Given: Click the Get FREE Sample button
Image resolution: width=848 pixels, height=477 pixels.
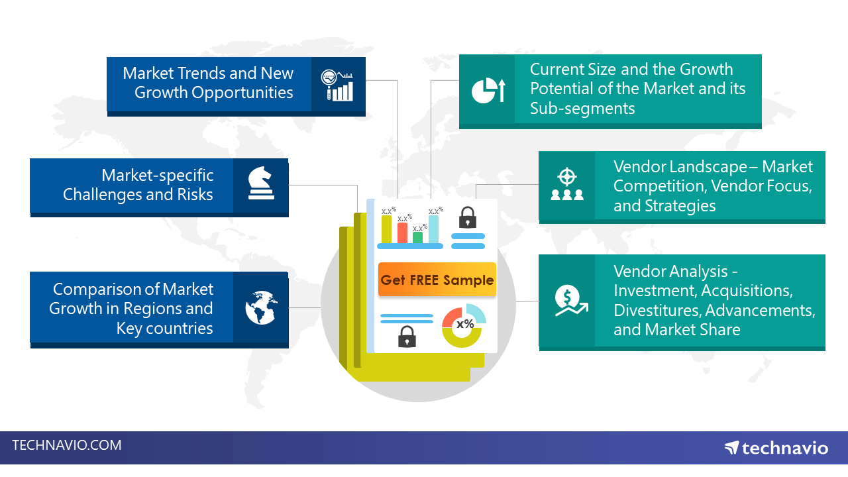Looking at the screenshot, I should pyautogui.click(x=437, y=280).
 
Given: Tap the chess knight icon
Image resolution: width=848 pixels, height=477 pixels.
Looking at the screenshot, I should pyautogui.click(x=260, y=183).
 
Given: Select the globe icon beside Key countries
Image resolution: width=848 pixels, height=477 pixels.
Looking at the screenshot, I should pyautogui.click(x=260, y=308).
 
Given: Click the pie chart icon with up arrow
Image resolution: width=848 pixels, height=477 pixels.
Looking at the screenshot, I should pyautogui.click(x=488, y=90).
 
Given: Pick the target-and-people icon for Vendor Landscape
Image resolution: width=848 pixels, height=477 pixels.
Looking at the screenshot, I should pyautogui.click(x=567, y=185).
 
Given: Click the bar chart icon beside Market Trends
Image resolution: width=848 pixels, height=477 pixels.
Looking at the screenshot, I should pyautogui.click(x=337, y=85).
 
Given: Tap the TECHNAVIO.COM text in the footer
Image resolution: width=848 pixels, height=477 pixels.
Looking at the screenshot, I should pyautogui.click(x=67, y=445).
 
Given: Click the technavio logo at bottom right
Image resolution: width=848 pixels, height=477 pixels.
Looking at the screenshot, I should pyautogui.click(x=776, y=448).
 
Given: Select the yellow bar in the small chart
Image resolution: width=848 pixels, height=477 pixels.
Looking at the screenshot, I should pyautogui.click(x=386, y=229).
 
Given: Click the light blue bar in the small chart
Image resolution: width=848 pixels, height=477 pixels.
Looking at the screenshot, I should pyautogui.click(x=433, y=229).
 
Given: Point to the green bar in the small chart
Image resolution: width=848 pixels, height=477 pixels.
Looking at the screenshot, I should pyautogui.click(x=417, y=237).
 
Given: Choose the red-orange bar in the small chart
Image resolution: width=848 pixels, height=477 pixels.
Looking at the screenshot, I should pyautogui.click(x=402, y=233).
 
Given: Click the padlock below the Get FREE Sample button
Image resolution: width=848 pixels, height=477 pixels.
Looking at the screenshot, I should pyautogui.click(x=407, y=337).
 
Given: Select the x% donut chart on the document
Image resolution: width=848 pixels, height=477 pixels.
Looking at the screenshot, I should pyautogui.click(x=464, y=325).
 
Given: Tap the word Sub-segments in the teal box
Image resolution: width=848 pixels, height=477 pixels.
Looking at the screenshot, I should pyautogui.click(x=582, y=108).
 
